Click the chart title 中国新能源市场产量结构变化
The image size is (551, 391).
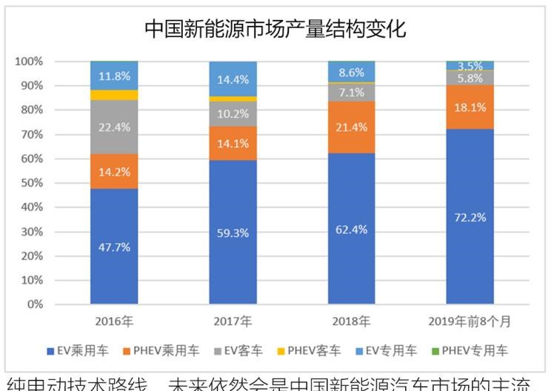pos(275,30)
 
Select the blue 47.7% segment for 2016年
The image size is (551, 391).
pos(114,246)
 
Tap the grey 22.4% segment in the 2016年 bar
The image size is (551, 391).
pos(114,127)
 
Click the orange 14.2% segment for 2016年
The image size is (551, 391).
pos(114,171)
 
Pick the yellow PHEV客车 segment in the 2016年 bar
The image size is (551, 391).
pos(114,95)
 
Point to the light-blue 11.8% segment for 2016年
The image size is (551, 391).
pos(114,76)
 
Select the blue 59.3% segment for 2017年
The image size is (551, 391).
pos(233,232)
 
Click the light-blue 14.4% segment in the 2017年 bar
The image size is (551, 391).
pos(233,79)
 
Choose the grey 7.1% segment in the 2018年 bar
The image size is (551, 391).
pos(351,93)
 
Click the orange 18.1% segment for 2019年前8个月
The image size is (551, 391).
pos(470,107)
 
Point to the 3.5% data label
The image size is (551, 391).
pos(470,66)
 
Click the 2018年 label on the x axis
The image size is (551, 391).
pos(351,321)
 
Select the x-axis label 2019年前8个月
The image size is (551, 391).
pos(470,321)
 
